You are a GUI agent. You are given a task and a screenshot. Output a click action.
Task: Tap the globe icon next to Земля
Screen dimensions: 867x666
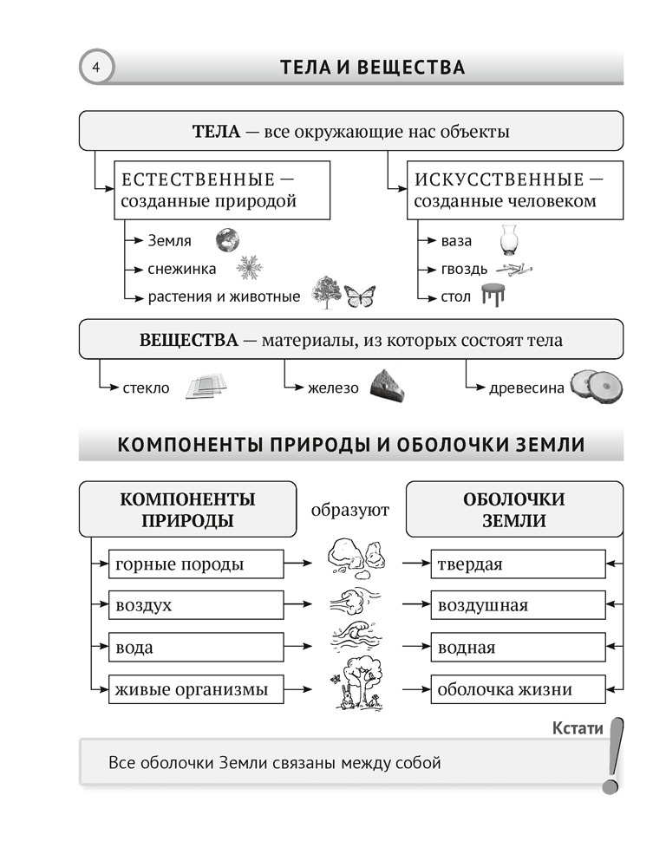[227, 239]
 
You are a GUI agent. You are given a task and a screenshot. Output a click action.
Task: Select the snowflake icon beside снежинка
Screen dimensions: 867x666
[250, 268]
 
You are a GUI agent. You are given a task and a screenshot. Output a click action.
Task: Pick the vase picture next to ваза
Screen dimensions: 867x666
[508, 238]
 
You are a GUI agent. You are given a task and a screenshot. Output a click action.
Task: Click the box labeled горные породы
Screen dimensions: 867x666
[195, 565]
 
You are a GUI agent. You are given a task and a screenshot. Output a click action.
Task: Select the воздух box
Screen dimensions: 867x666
[195, 606]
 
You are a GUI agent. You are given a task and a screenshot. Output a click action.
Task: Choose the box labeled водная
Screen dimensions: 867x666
[518, 648]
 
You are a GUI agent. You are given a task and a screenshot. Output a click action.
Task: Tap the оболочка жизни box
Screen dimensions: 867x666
[518, 690]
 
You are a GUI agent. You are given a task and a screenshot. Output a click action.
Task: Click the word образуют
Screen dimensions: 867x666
[349, 510]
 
